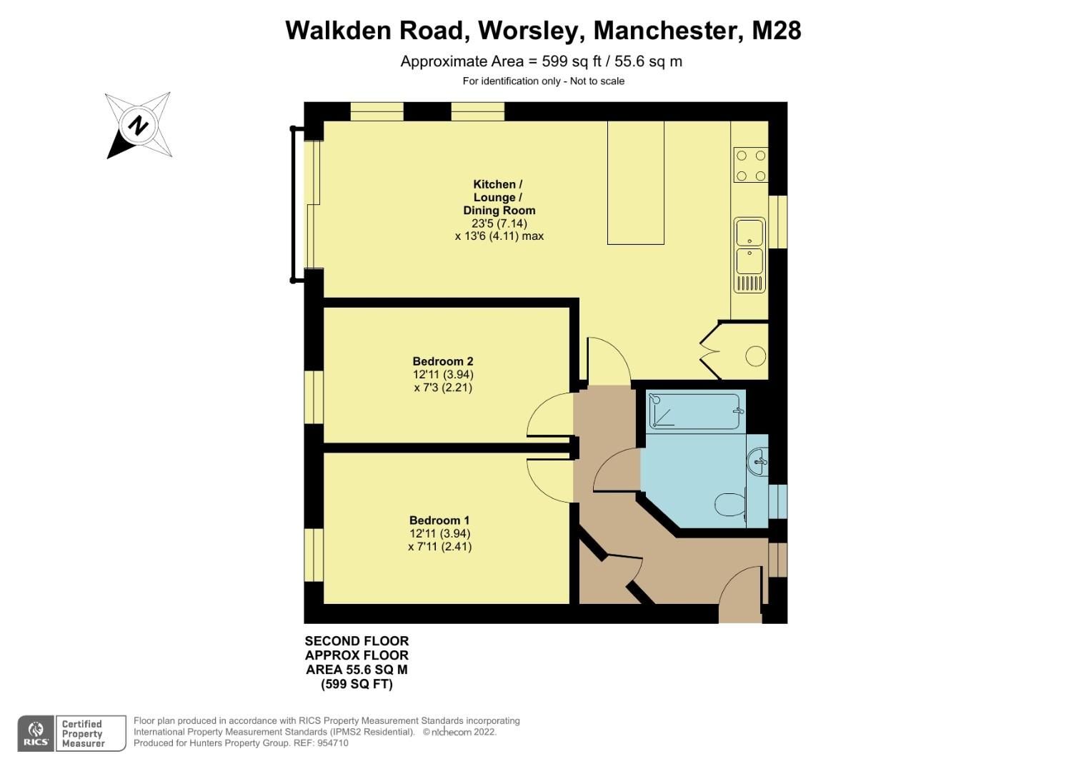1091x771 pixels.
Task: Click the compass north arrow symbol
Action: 139,126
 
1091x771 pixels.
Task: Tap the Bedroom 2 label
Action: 443,361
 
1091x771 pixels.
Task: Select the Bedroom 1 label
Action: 439,520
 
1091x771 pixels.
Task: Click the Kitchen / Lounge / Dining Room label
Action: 499,197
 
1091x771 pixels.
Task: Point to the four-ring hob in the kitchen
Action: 750,165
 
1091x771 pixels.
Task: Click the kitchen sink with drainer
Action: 750,256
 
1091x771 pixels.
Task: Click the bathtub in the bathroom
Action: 694,412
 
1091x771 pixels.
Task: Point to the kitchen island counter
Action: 635,183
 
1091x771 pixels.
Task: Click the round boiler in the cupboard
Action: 755,356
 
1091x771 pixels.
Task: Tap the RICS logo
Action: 36,733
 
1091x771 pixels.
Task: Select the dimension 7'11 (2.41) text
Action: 439,547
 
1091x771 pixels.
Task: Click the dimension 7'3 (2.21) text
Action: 443,388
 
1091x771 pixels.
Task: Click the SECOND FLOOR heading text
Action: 357,641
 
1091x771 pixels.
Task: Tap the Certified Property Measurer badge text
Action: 83,734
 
